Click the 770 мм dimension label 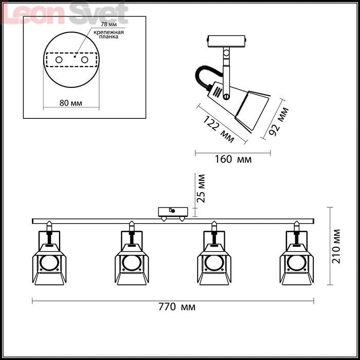click(x=177, y=307)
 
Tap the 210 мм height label click(x=336, y=246)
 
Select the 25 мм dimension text click(x=202, y=189)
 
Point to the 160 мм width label click(x=233, y=159)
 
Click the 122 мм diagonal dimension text click(x=219, y=129)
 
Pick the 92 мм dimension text click(x=279, y=121)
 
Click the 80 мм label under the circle click(x=71, y=103)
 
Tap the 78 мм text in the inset click(x=109, y=24)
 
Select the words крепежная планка click(x=109, y=34)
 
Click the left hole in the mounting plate click(x=59, y=60)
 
